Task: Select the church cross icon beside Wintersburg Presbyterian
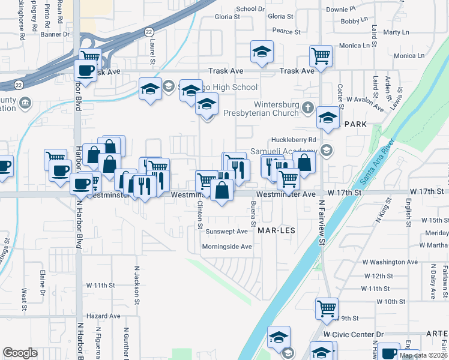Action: click(x=308, y=108)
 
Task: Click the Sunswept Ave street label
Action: click(x=226, y=231)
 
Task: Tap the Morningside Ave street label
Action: click(x=226, y=247)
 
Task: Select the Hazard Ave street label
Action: click(x=103, y=316)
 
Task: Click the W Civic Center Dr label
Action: click(x=353, y=334)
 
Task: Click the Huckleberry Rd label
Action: click(x=294, y=140)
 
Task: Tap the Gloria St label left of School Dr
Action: click(x=228, y=17)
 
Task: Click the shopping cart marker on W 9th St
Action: click(x=326, y=308)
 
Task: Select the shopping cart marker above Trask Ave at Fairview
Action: click(x=321, y=56)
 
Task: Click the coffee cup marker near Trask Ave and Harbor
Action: click(x=85, y=70)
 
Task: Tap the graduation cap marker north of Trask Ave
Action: click(x=262, y=53)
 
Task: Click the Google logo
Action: click(x=20, y=353)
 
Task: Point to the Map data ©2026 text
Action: click(x=422, y=355)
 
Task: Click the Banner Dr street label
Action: click(x=55, y=35)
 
